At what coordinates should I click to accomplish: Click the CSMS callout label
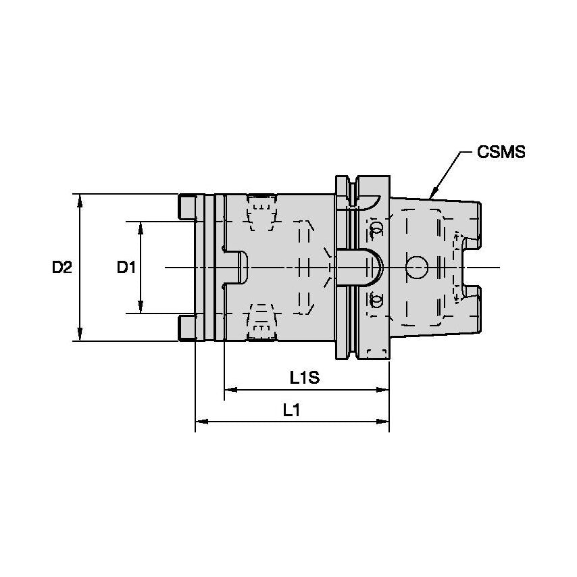pyautogui.click(x=501, y=152)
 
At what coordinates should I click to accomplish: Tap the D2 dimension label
pyautogui.click(x=62, y=267)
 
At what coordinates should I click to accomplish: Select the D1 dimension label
pyautogui.click(x=126, y=267)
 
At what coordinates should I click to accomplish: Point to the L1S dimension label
pyautogui.click(x=305, y=378)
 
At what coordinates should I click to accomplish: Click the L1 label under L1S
pyautogui.click(x=291, y=410)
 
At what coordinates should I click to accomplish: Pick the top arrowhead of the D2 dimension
pyautogui.click(x=80, y=201)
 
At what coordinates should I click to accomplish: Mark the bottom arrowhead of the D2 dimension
pyautogui.click(x=80, y=334)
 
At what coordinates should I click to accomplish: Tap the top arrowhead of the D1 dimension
pyautogui.click(x=141, y=228)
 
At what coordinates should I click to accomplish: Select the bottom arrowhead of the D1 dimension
pyautogui.click(x=141, y=307)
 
